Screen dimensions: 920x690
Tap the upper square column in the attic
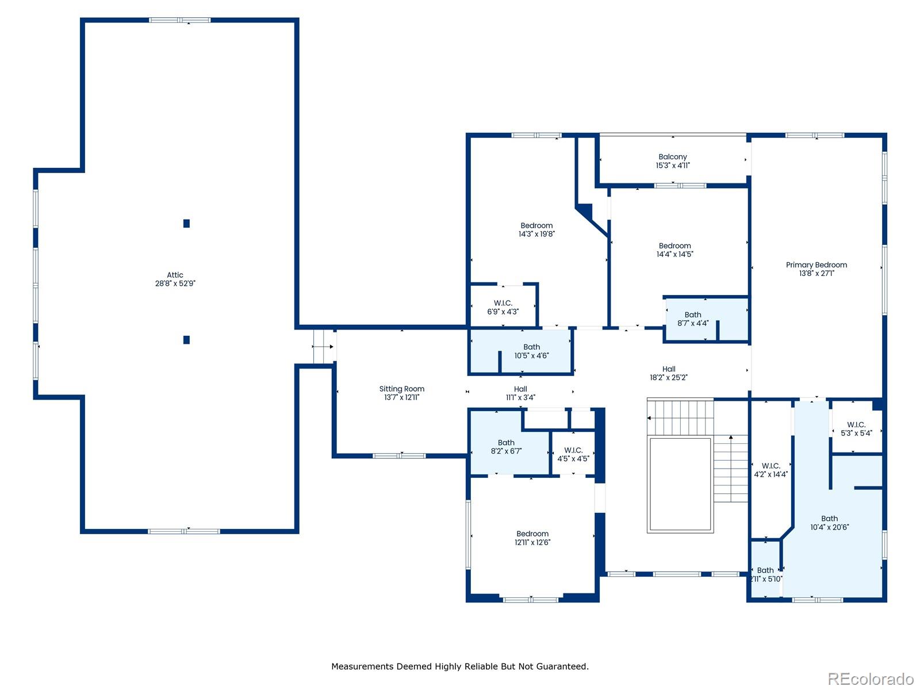point(186,223)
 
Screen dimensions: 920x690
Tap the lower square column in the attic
point(186,340)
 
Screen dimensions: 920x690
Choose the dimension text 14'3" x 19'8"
point(536,234)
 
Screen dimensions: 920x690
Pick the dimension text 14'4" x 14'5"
point(675,254)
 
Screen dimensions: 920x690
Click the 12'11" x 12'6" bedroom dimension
point(532,542)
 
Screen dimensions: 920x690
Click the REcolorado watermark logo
point(871,678)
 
